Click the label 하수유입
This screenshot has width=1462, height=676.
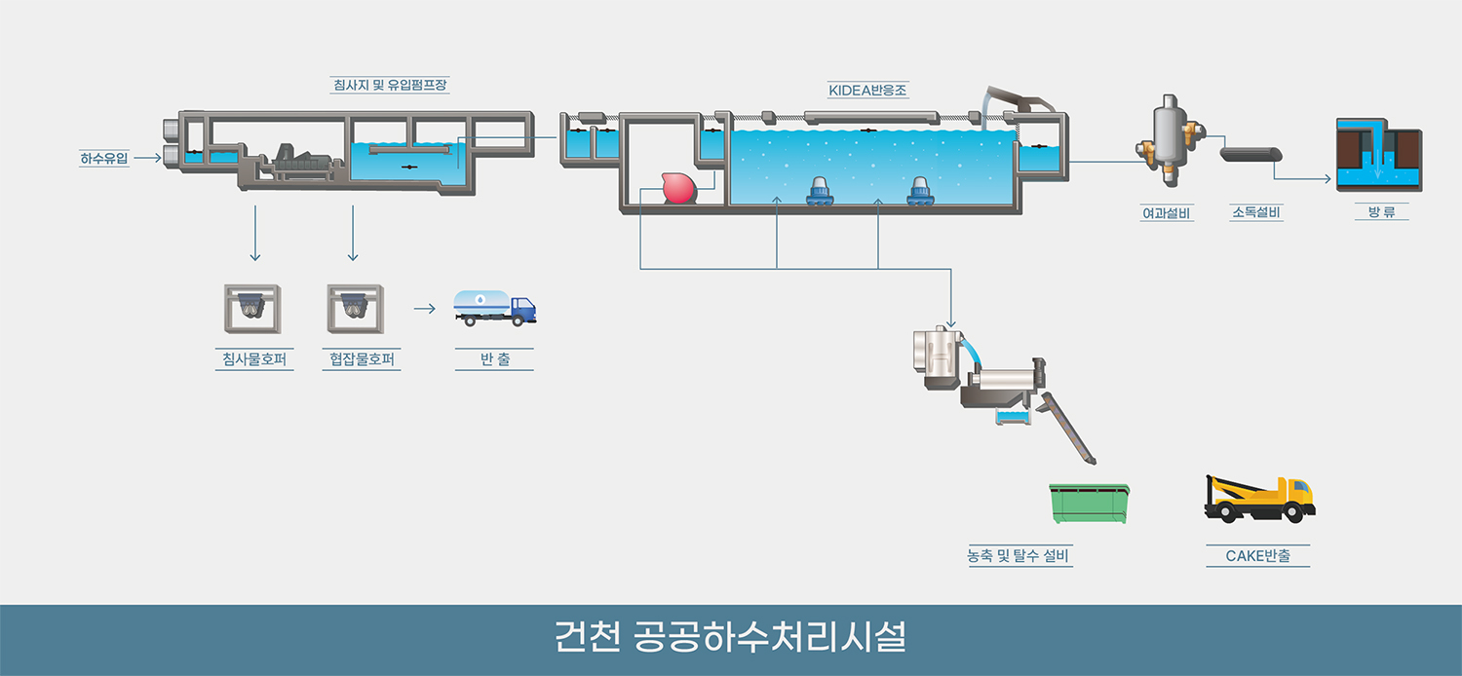103,157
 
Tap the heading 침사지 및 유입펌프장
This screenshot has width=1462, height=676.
390,85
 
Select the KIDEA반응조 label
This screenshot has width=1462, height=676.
868,91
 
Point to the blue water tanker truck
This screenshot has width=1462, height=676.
494,308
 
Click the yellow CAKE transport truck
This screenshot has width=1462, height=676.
1259,499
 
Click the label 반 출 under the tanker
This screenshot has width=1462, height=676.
494,360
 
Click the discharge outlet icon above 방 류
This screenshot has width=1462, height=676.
1379,153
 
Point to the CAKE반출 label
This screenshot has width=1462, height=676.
1257,556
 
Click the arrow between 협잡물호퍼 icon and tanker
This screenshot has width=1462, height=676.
423,309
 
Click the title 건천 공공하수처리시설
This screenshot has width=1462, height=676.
730,639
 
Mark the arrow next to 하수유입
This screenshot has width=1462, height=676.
147,156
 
